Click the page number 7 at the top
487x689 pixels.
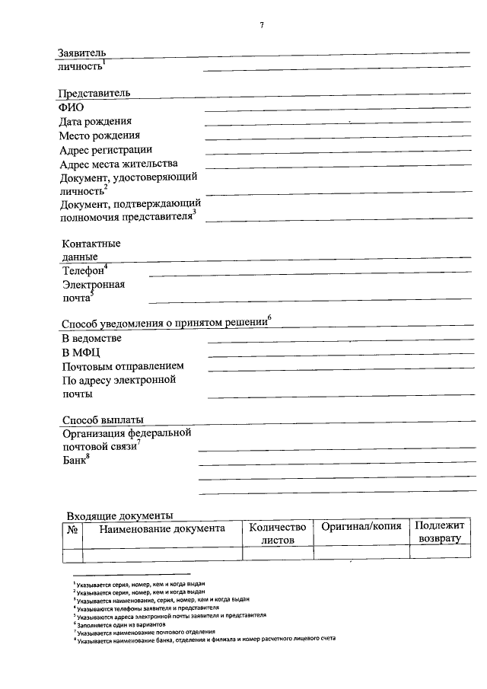(262, 25)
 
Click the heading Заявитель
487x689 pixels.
(81, 53)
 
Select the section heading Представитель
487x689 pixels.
(94, 93)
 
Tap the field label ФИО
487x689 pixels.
(72, 107)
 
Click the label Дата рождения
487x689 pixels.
(95, 121)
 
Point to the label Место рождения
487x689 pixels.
(99, 136)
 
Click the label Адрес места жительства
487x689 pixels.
(118, 164)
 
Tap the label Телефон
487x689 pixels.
(84, 270)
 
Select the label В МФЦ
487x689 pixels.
(80, 352)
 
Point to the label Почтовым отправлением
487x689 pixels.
(123, 366)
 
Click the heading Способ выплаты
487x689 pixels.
(103, 419)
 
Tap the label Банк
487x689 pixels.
(75, 461)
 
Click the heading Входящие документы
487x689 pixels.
(119, 515)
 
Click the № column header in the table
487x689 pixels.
(74, 528)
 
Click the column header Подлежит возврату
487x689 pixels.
(440, 532)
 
